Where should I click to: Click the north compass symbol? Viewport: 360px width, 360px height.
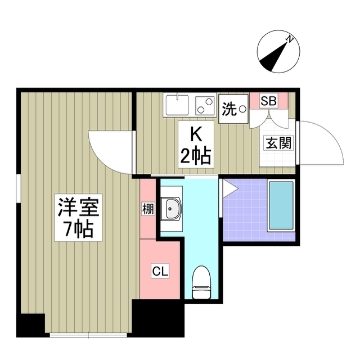coord(276,53)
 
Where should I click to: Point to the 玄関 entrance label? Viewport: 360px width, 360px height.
coord(278,142)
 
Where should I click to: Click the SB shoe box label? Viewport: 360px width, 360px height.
coord(268,102)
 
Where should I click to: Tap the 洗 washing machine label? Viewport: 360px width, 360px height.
coord(229,109)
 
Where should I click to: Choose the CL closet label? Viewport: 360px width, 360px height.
coord(160,271)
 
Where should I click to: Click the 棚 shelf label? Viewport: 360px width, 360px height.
coord(147,209)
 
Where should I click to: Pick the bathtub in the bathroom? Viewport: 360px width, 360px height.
coord(281,206)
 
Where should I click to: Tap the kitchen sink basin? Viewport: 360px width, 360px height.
coord(177,105)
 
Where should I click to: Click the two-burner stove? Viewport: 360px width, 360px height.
coord(204,105)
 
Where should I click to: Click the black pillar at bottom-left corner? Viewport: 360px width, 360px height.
coord(30,325)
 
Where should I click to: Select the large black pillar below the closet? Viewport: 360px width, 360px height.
coord(158,318)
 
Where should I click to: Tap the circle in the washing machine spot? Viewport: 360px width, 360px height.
coord(242,108)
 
